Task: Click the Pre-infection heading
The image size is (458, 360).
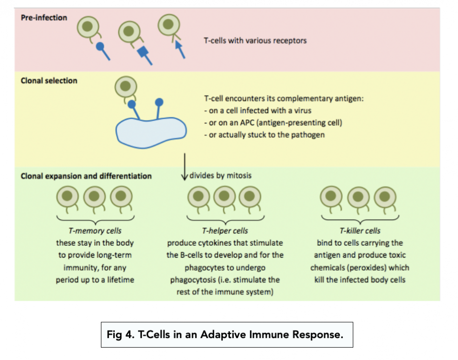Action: [44, 18]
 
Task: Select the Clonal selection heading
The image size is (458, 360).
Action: [49, 81]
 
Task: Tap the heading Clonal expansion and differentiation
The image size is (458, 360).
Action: [86, 176]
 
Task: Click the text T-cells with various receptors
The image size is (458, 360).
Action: [255, 41]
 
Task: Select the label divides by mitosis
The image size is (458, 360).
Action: [220, 175]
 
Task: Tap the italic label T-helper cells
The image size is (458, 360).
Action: [224, 231]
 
